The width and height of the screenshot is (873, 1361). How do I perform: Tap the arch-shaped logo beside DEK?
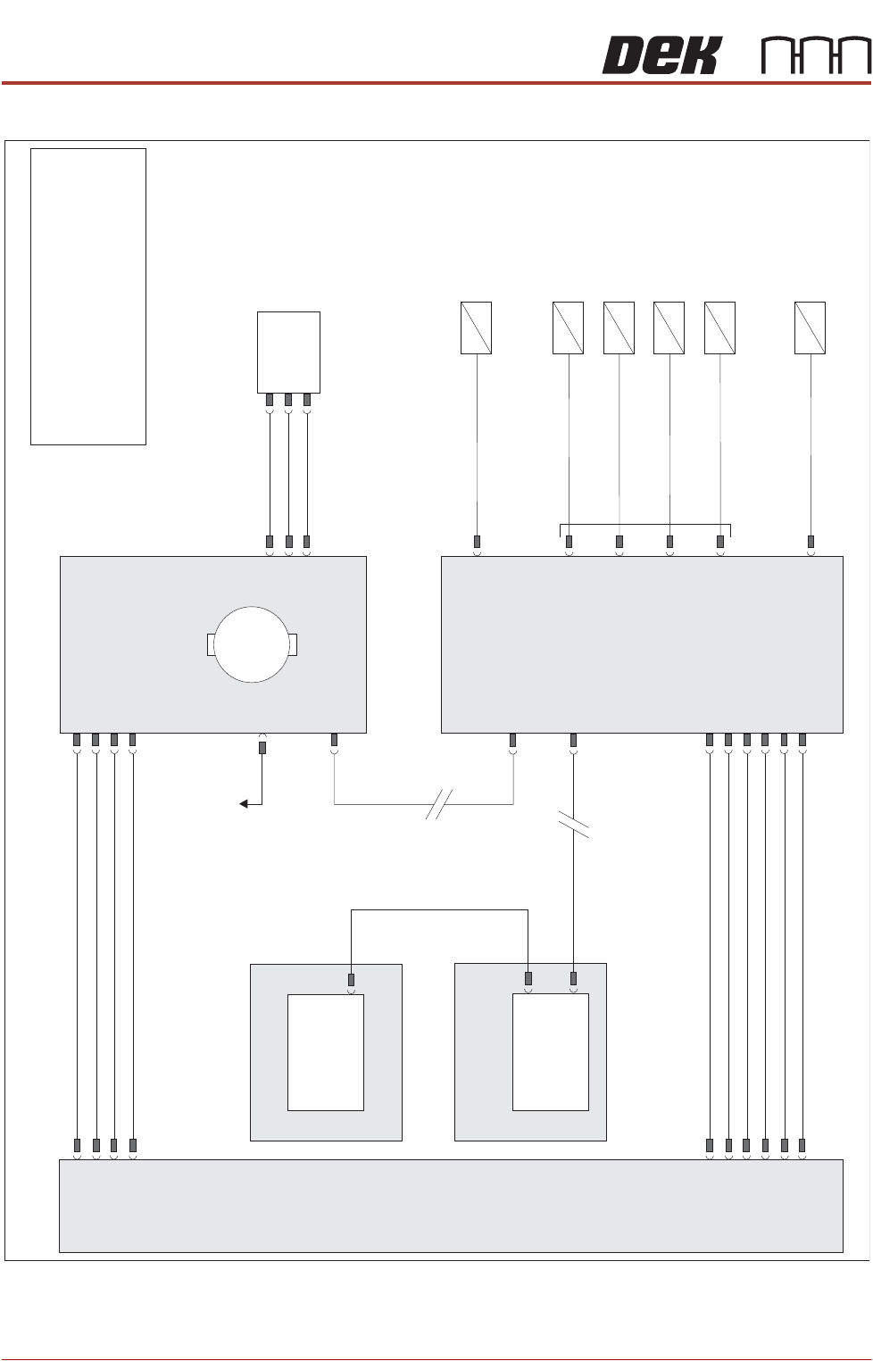[x=816, y=55]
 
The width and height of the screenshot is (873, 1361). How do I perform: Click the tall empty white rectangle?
[x=88, y=296]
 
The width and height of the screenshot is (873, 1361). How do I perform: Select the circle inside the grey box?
[x=252, y=644]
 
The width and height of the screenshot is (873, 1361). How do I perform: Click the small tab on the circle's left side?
[x=211, y=644]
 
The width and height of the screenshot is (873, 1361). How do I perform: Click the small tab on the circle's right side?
[x=293, y=644]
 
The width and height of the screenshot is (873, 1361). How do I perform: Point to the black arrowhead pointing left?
[x=244, y=804]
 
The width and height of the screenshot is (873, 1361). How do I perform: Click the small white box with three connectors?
[x=288, y=351]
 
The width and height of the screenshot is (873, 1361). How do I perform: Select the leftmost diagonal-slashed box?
[x=476, y=328]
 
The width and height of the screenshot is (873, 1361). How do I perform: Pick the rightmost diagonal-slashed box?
[x=810, y=328]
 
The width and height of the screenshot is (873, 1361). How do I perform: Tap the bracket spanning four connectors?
[x=644, y=525]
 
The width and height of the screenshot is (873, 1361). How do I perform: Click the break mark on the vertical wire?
[x=573, y=824]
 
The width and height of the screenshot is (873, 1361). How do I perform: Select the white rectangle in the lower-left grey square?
[x=326, y=1052]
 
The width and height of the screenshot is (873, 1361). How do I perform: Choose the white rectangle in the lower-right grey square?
[x=551, y=1052]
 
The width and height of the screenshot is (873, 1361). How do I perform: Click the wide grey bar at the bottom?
[x=451, y=1206]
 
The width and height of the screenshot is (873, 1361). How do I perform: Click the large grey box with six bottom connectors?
[x=642, y=644]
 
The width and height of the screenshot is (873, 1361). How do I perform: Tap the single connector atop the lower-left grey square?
[x=351, y=980]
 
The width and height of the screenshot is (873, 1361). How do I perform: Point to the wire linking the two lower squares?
[x=439, y=910]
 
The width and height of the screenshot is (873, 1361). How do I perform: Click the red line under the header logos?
[x=436, y=83]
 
